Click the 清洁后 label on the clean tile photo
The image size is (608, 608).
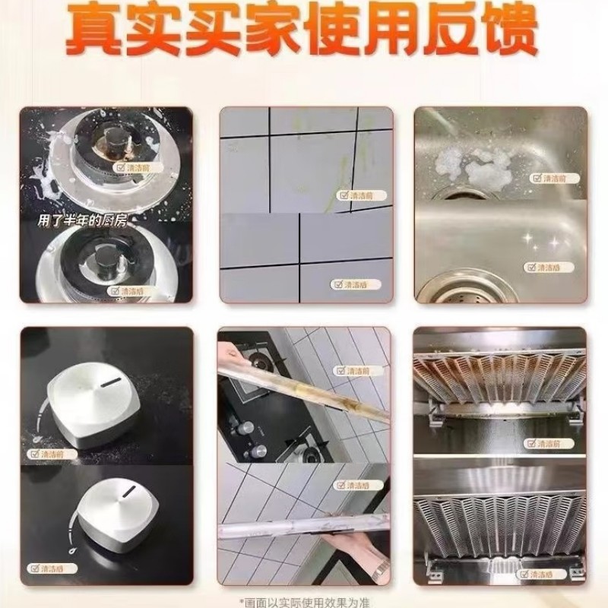tap(350, 284)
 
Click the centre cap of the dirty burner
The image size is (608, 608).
tap(114, 142)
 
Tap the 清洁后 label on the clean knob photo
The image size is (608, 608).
tap(49, 568)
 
